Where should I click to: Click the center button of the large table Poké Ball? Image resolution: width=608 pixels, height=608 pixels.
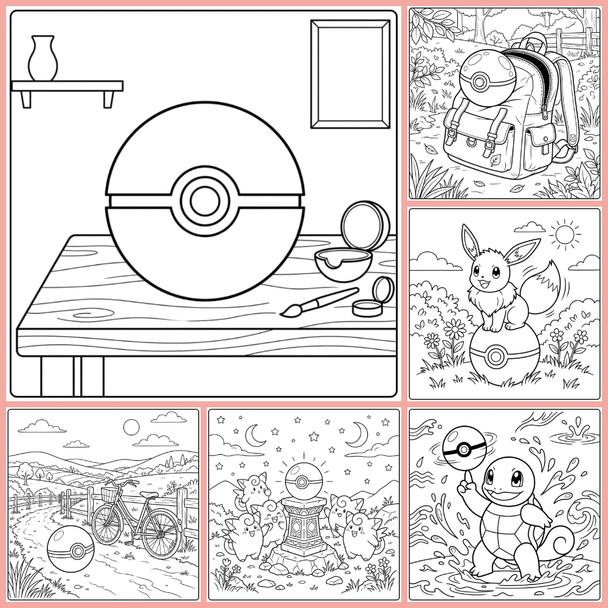tap(204, 201)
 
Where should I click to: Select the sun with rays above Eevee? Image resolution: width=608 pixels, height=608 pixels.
tap(562, 233)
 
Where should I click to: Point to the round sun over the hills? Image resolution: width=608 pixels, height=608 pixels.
tap(131, 427)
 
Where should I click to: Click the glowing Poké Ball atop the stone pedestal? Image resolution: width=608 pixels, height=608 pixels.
tap(303, 478)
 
